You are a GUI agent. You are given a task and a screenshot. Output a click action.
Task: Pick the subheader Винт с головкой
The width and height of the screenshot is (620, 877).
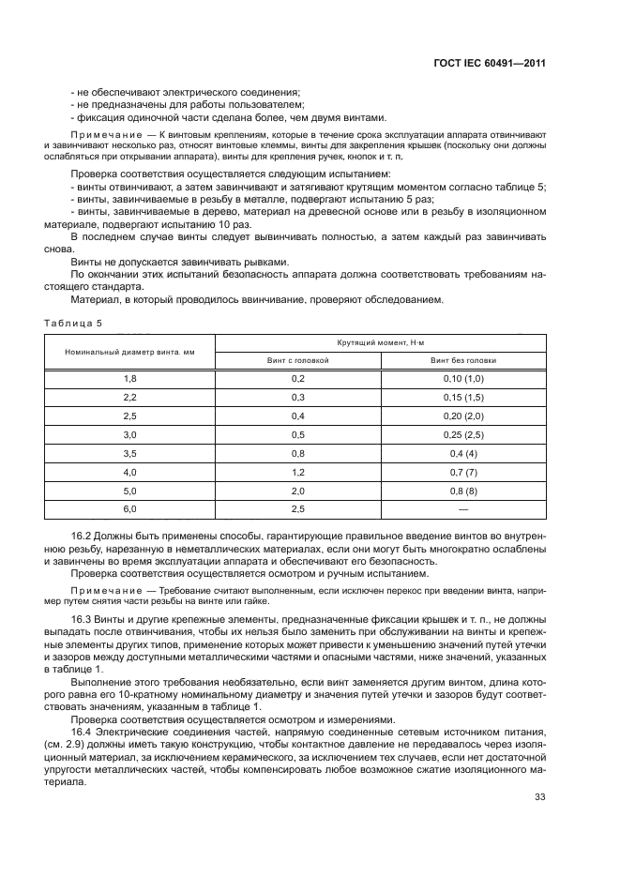point(298,360)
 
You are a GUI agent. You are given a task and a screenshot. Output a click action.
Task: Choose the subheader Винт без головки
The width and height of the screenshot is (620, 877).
point(463,360)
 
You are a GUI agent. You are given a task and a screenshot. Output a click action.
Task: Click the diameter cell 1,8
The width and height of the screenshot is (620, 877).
point(130,379)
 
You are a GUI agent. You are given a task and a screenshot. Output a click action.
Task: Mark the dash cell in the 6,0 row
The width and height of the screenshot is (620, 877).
point(463,509)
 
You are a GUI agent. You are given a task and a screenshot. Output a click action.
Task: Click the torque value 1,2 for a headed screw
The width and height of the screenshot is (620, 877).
point(298,472)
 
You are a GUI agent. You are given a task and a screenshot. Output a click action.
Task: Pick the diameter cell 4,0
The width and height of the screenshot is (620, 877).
point(130,472)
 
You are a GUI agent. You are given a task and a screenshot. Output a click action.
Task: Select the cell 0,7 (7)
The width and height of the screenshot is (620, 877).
point(463,472)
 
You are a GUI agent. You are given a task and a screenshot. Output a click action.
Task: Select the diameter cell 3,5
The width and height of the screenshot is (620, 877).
point(130,453)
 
